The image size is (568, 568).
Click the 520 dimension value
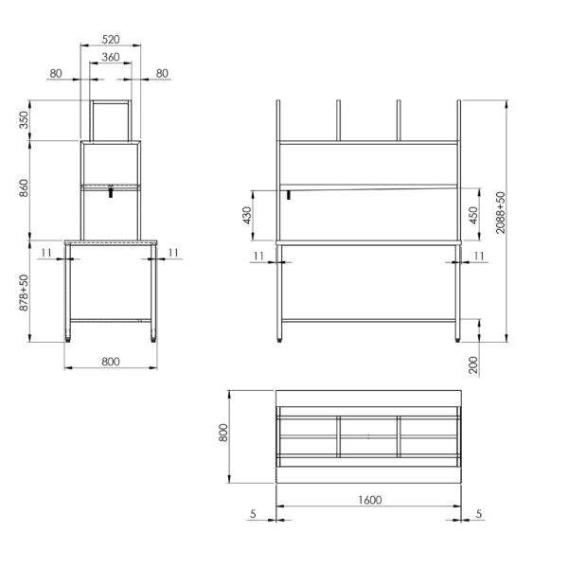(x=111, y=39)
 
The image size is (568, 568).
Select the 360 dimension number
(x=111, y=57)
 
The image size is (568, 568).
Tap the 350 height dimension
(x=24, y=120)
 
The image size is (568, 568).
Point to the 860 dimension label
(x=24, y=188)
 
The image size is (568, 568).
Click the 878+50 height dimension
(x=24, y=293)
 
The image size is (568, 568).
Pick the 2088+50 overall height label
(x=500, y=213)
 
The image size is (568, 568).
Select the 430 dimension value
(x=247, y=215)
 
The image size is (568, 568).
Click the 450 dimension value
(x=473, y=215)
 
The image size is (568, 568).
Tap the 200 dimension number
(x=473, y=365)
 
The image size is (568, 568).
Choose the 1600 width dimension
(x=370, y=500)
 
